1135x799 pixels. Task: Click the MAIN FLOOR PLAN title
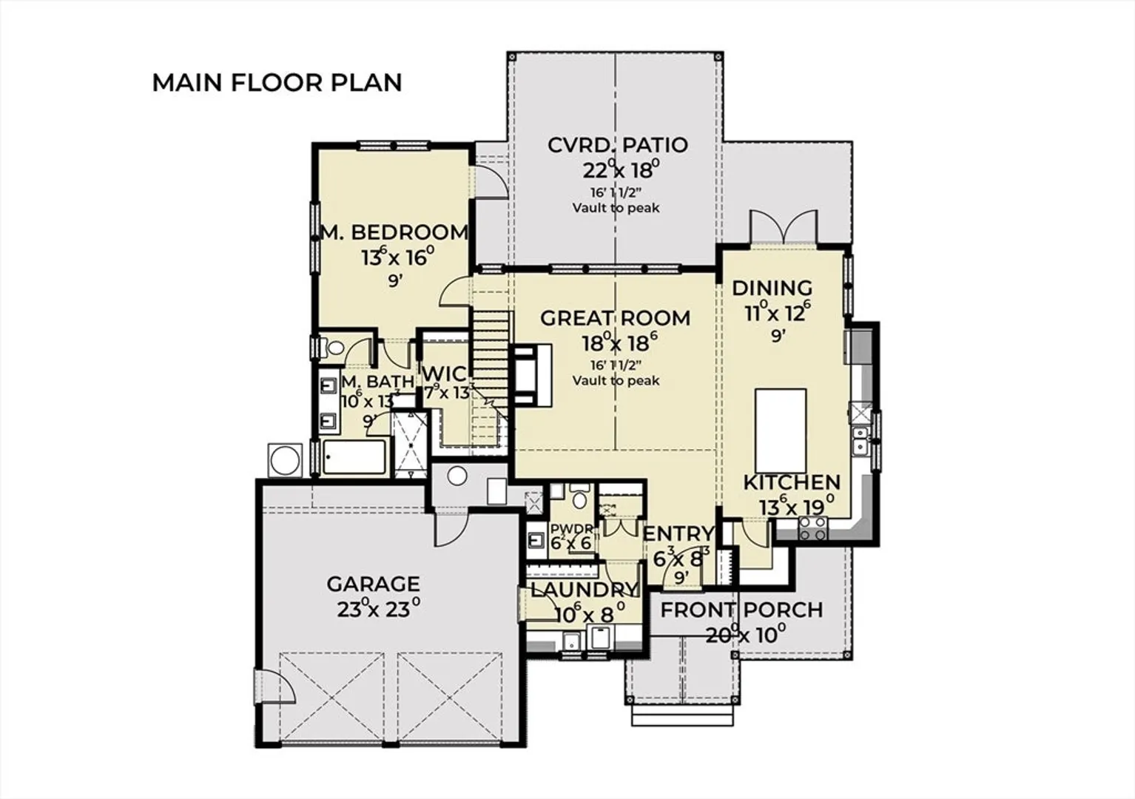(277, 83)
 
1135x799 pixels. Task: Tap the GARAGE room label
(374, 584)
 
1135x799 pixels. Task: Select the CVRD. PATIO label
(618, 146)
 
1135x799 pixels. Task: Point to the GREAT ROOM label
(615, 318)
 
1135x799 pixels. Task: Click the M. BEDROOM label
(394, 232)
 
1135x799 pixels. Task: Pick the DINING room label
(772, 289)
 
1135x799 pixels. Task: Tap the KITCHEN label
(792, 482)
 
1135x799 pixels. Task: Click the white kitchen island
(781, 431)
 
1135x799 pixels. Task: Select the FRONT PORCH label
(742, 610)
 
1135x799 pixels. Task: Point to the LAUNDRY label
(585, 590)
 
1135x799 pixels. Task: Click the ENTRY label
(678, 533)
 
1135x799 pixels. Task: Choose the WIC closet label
(445, 374)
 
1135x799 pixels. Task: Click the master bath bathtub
(354, 457)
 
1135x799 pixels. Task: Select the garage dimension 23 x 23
(379, 608)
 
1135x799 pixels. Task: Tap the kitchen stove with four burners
(812, 528)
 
